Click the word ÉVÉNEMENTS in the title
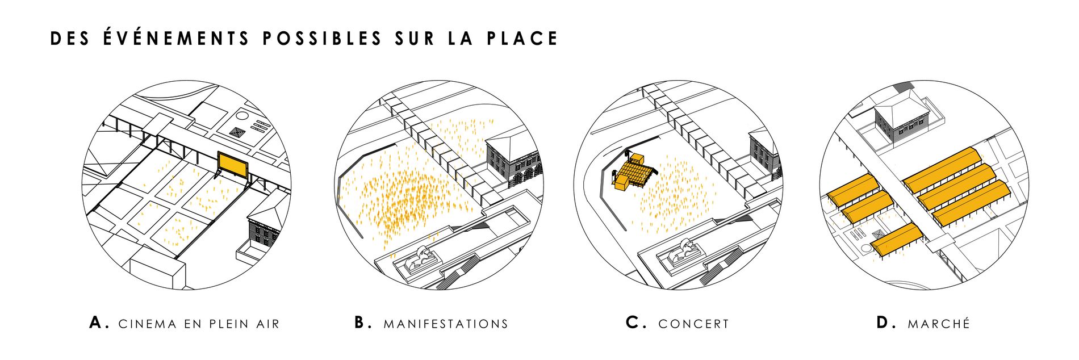(x=177, y=37)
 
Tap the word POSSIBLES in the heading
(x=322, y=39)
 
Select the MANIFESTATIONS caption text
(x=446, y=324)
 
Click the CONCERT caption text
(x=693, y=324)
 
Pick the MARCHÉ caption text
(x=939, y=324)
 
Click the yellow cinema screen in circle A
(x=233, y=165)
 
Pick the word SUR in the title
(x=415, y=39)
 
